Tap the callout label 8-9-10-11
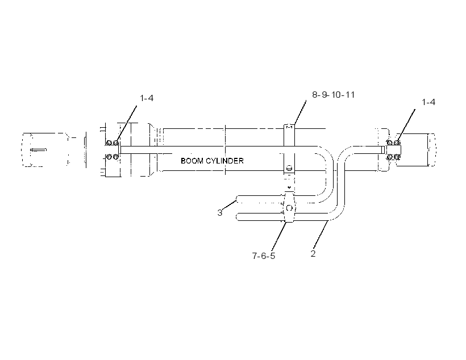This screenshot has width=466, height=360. coord(334,95)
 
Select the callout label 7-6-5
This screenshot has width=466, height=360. coord(264,256)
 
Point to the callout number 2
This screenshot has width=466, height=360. coord(313,254)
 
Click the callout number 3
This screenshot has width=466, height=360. coord(219,213)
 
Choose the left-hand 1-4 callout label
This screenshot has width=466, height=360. coord(147,98)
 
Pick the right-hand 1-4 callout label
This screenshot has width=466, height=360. coord(428,102)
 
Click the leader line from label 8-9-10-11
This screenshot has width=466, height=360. coord(300,112)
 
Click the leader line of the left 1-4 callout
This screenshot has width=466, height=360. coord(127,123)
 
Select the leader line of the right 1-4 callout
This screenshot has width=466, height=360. coord(406,125)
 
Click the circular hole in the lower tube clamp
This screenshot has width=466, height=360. coord(289,208)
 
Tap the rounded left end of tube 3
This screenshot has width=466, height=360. coord(238,199)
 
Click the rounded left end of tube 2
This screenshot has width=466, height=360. coord(238,217)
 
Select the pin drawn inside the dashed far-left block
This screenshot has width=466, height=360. coord(38,150)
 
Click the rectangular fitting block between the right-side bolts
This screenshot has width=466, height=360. coord(393,150)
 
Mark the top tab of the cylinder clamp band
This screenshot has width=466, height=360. coord(289,127)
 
